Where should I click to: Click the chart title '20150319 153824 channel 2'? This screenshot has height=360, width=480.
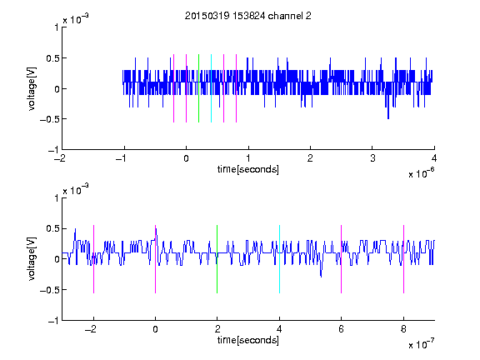pyautogui.click(x=248, y=16)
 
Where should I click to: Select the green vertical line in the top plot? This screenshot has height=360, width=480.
pyautogui.click(x=198, y=88)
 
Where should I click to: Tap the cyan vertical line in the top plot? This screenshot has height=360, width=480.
pyautogui.click(x=211, y=88)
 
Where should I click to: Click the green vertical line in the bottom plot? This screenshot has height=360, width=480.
pyautogui.click(x=217, y=259)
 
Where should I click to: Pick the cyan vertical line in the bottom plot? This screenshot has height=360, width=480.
pyautogui.click(x=279, y=259)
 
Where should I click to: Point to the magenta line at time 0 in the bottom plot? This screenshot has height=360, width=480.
pyautogui.click(x=155, y=259)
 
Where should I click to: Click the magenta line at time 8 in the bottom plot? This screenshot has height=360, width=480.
pyautogui.click(x=403, y=259)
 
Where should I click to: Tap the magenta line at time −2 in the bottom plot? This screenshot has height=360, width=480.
pyautogui.click(x=93, y=259)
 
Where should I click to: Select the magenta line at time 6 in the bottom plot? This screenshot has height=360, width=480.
pyautogui.click(x=341, y=259)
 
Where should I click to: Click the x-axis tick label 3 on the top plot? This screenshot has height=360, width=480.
pyautogui.click(x=372, y=158)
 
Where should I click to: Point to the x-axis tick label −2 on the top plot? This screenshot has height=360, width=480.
pyautogui.click(x=59, y=158)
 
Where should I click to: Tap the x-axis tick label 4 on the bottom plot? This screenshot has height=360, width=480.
pyautogui.click(x=279, y=329)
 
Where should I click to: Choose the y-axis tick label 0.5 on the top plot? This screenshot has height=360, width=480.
pyautogui.click(x=52, y=57)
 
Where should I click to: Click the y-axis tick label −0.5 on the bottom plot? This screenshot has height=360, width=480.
pyautogui.click(x=50, y=290)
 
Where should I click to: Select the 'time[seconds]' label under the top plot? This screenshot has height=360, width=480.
pyautogui.click(x=248, y=169)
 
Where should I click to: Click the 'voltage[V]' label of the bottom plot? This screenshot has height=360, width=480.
pyautogui.click(x=32, y=258)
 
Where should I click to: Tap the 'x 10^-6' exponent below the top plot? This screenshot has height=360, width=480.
pyautogui.click(x=421, y=173)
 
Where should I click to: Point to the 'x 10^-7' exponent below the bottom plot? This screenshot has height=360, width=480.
pyautogui.click(x=421, y=344)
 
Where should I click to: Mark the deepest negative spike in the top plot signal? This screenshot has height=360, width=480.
pyautogui.click(x=388, y=118)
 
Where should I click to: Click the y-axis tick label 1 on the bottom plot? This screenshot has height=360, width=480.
pyautogui.click(x=56, y=198)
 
